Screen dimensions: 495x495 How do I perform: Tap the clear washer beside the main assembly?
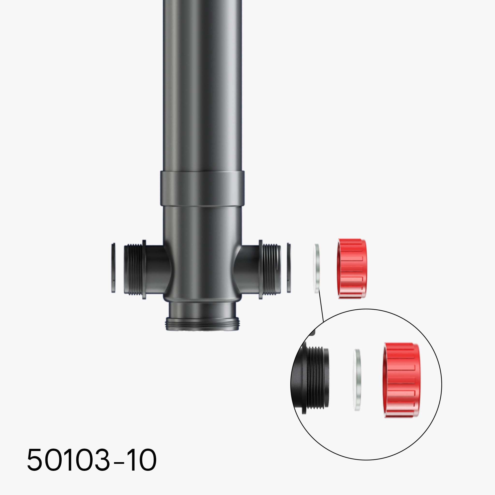(x=317, y=268)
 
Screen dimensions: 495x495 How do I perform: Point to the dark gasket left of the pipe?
(x=113, y=268)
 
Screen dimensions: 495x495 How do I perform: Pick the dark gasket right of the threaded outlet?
(x=289, y=268)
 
